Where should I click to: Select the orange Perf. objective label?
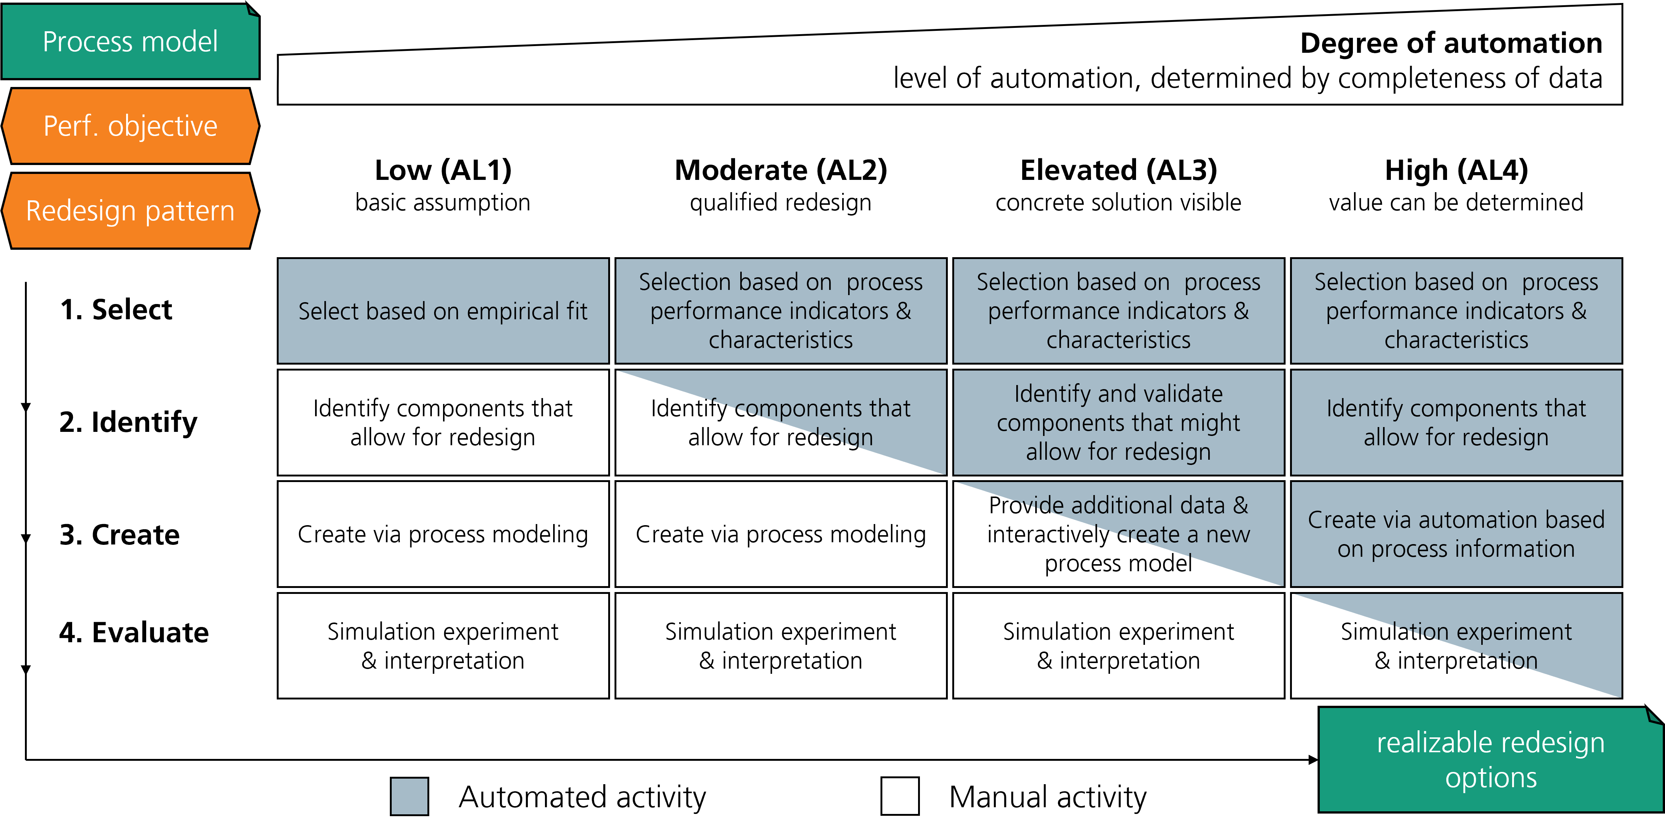[x=130, y=126]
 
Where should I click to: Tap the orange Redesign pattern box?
[x=130, y=211]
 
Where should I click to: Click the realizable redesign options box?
[x=1490, y=760]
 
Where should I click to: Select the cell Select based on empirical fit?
[x=443, y=311]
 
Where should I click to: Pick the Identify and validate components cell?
[x=1118, y=423]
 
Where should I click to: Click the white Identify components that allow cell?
[x=443, y=423]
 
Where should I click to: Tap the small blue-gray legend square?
[x=409, y=796]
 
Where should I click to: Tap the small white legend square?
[x=900, y=796]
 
